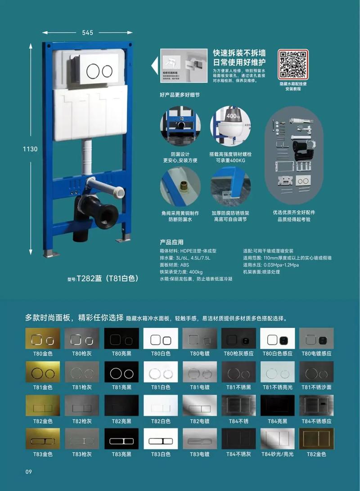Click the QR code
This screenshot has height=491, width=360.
(x=293, y=64)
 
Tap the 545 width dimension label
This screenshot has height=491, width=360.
(x=88, y=32)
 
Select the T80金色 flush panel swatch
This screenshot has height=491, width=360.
(x=43, y=339)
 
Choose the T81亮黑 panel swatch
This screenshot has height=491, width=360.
(x=121, y=372)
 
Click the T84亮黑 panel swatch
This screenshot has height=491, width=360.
(x=278, y=406)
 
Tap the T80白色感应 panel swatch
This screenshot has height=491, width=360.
(x=278, y=339)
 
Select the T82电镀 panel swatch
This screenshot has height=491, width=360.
(x=199, y=406)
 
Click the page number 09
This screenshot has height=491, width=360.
(x=28, y=471)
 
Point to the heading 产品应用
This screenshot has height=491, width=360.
(x=171, y=242)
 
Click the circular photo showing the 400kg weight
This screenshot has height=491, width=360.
(x=230, y=126)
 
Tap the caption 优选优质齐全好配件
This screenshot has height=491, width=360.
(x=294, y=212)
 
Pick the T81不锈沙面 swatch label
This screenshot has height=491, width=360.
(x=317, y=387)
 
